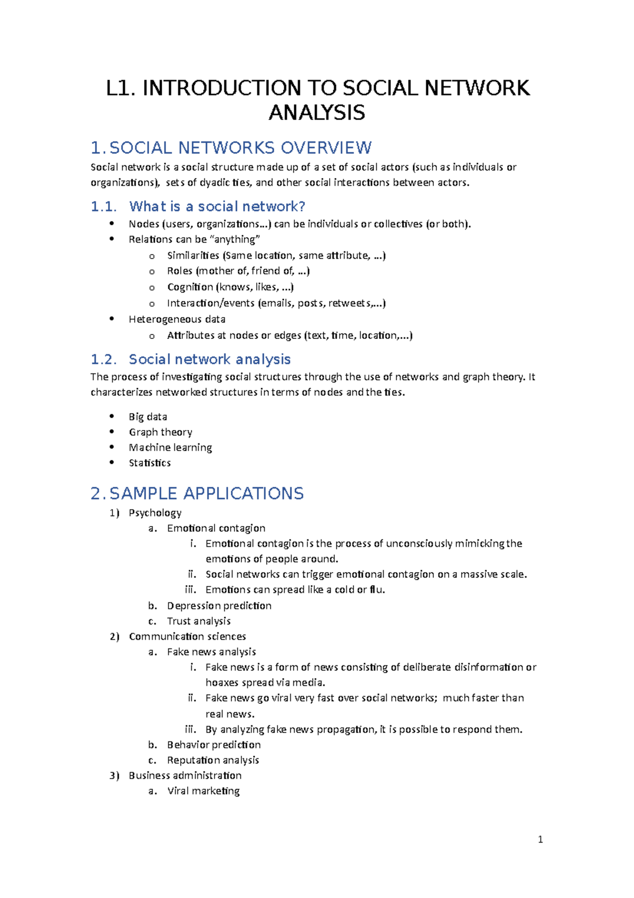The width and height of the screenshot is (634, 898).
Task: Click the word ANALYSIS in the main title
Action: click(x=316, y=113)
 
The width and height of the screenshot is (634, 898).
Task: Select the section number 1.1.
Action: click(x=103, y=206)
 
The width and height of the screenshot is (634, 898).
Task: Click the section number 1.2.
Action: click(x=103, y=360)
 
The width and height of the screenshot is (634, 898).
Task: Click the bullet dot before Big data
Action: click(x=111, y=416)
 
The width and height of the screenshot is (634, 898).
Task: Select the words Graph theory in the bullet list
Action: click(x=161, y=432)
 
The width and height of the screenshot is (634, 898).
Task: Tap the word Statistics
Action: click(x=150, y=463)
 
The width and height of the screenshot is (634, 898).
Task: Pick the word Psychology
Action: click(x=155, y=512)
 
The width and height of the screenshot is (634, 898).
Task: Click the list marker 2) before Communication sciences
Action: click(x=115, y=636)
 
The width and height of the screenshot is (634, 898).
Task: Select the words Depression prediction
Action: click(x=219, y=606)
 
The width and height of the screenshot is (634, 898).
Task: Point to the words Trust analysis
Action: click(x=199, y=621)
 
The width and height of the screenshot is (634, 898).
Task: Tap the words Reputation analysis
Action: click(x=213, y=760)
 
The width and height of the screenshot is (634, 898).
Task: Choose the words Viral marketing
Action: click(x=203, y=791)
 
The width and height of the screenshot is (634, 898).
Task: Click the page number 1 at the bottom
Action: click(x=540, y=839)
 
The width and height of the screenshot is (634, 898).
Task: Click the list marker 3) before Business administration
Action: click(x=115, y=775)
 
